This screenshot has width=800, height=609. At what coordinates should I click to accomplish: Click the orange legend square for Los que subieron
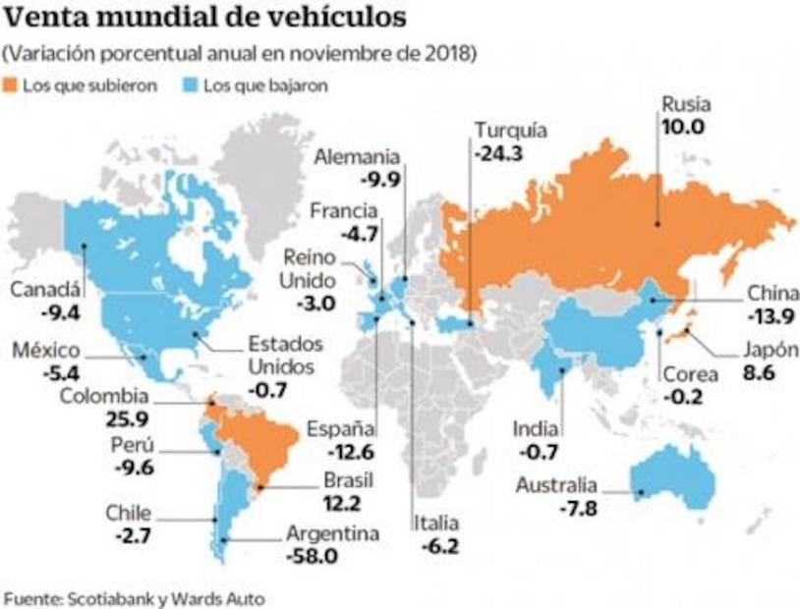(x=14, y=85)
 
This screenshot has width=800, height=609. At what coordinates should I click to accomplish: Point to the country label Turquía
(x=510, y=131)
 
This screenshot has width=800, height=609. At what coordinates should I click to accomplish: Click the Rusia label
(x=685, y=105)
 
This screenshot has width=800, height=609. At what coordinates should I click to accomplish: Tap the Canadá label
(x=44, y=290)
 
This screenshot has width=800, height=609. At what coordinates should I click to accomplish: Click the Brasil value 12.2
(x=345, y=503)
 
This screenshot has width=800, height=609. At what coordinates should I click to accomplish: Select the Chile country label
(x=129, y=513)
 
